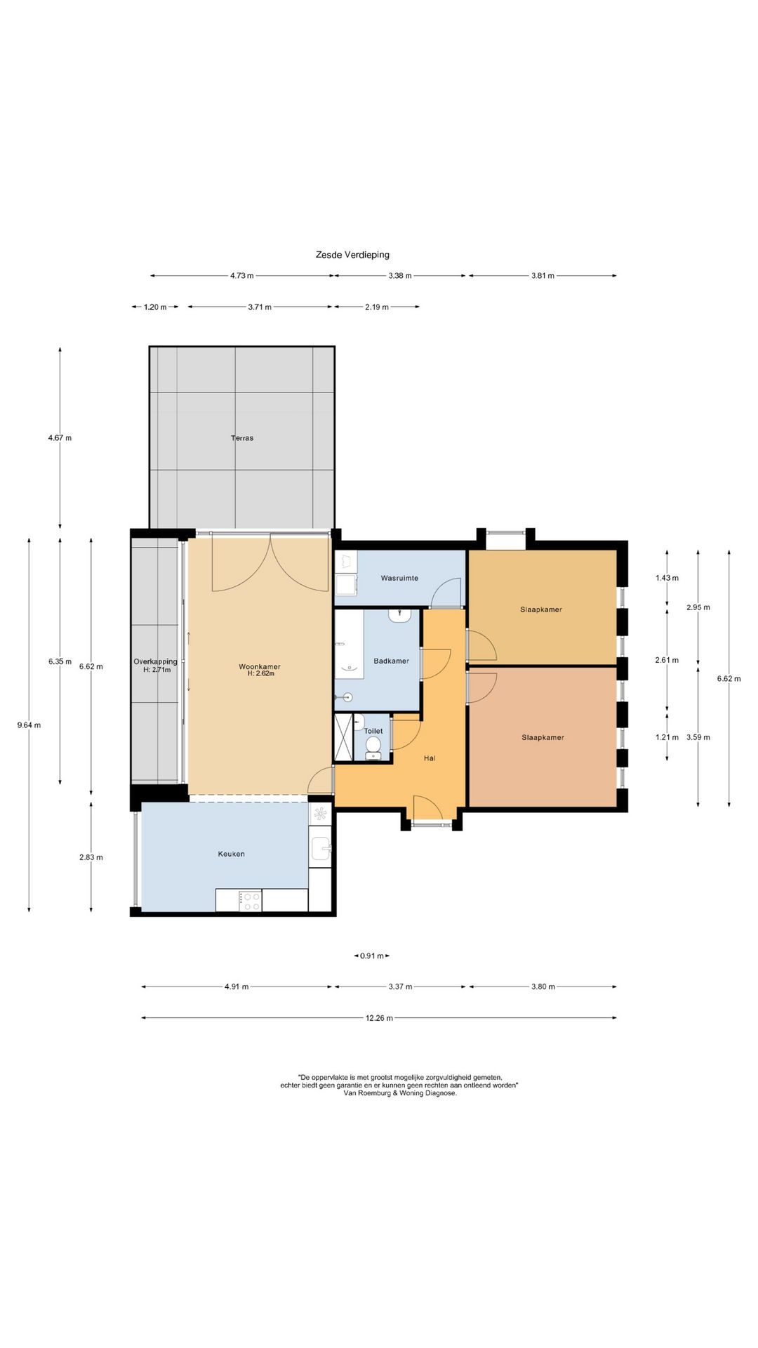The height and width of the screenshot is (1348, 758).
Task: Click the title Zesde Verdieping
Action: click(x=352, y=255)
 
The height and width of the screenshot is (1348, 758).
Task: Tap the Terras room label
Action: click(x=242, y=438)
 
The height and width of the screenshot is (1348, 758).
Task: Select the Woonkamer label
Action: click(x=260, y=666)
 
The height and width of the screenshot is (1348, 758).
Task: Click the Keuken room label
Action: click(x=232, y=854)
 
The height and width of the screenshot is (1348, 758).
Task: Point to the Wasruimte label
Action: click(x=399, y=578)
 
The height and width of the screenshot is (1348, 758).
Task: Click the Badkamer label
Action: click(x=392, y=661)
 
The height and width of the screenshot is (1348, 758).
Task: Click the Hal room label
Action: click(x=430, y=758)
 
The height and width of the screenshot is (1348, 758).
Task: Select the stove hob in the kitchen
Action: click(x=250, y=901)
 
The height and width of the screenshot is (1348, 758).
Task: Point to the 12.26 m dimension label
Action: click(x=379, y=1017)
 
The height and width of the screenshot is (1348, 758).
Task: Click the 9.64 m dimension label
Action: click(x=29, y=725)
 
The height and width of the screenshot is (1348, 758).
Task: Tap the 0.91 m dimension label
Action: click(x=372, y=956)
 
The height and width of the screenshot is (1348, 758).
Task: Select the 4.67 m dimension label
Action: click(x=60, y=437)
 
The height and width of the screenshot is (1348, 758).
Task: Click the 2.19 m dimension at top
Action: click(x=377, y=307)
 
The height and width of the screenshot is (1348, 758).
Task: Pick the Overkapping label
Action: click(x=155, y=661)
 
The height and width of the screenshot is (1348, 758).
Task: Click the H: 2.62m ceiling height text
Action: click(x=260, y=673)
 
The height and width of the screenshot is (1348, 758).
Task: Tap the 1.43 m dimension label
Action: click(x=667, y=578)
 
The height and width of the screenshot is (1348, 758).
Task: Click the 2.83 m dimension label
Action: click(x=91, y=857)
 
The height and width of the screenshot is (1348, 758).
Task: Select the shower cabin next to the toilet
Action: click(x=344, y=737)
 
